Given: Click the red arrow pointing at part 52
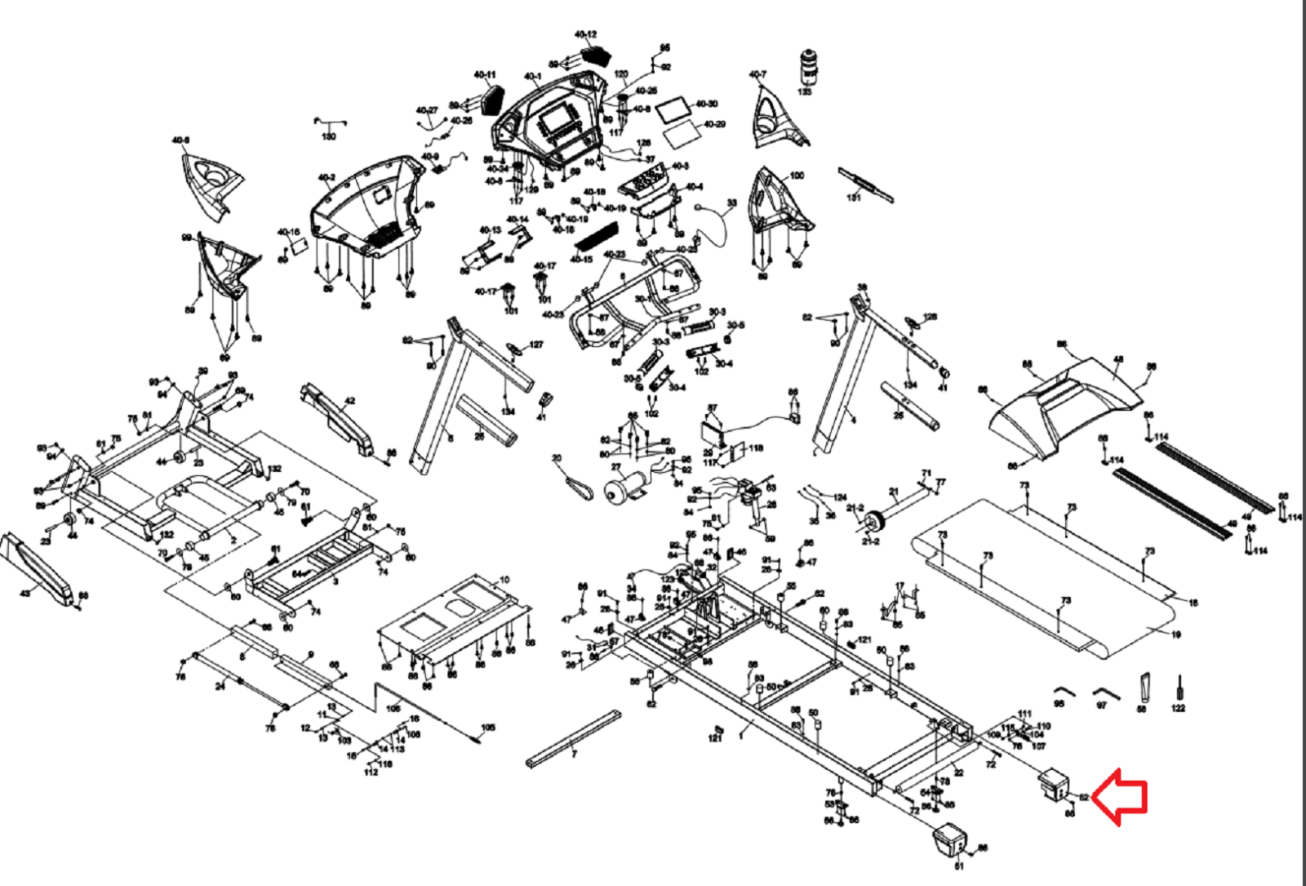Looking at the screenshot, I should coord(1121,797).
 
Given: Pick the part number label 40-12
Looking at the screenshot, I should coord(584,34).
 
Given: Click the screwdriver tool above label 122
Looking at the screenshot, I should coord(1179,688).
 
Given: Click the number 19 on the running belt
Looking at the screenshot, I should coord(1175,634).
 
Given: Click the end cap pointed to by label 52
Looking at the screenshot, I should coord(1053,785).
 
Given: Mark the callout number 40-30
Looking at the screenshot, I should coord(707,104).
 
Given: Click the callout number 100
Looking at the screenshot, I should coord(797,175).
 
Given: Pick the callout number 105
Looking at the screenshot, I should coord(487,728).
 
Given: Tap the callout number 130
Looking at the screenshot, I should coord(328,136).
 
